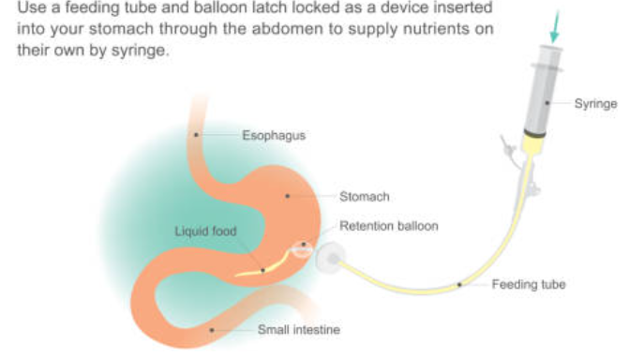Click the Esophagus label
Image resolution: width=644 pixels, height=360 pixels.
(274, 135)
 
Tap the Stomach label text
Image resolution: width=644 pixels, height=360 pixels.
(365, 197)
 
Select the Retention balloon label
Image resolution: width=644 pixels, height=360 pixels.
(388, 226)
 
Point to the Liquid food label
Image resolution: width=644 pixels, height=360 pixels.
(205, 231)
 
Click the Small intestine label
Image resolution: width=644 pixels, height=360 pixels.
(299, 329)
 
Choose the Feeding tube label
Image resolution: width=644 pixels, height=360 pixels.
(529, 284)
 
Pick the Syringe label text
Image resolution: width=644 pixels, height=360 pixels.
(595, 103)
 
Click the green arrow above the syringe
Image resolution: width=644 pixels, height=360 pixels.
(555, 26)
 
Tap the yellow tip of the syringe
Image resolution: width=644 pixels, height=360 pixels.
(533, 144)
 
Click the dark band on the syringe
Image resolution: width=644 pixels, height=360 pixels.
(534, 133)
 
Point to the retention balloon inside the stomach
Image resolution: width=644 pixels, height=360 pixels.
(302, 249)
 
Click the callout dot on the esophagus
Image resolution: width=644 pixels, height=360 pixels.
(196, 135)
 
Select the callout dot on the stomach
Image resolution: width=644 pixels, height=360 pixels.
(288, 196)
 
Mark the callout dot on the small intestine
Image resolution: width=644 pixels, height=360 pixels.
(212, 330)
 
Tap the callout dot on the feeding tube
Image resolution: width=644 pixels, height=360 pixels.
(459, 284)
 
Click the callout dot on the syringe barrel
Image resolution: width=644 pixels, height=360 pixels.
(547, 103)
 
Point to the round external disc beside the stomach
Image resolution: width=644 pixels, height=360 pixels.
(331, 258)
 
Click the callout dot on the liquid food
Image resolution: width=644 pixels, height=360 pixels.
(262, 270)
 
